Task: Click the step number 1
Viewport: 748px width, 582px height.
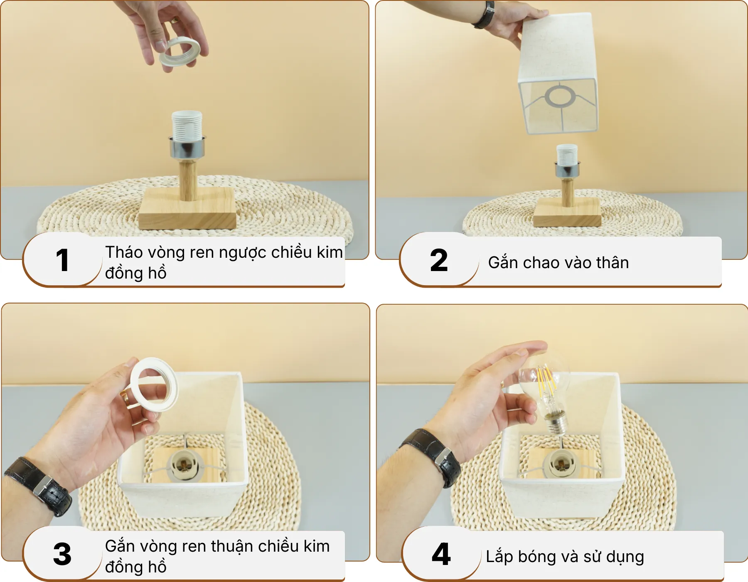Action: [x=62, y=261]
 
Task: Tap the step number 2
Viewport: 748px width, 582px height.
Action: [x=439, y=261]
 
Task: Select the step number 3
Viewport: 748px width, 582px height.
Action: [x=62, y=554]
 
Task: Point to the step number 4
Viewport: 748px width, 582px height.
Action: [x=441, y=554]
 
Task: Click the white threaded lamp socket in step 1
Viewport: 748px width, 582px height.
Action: [x=187, y=125]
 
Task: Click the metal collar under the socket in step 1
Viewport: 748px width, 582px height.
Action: [x=187, y=147]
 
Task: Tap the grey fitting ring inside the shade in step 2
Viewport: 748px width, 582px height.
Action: [x=560, y=96]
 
